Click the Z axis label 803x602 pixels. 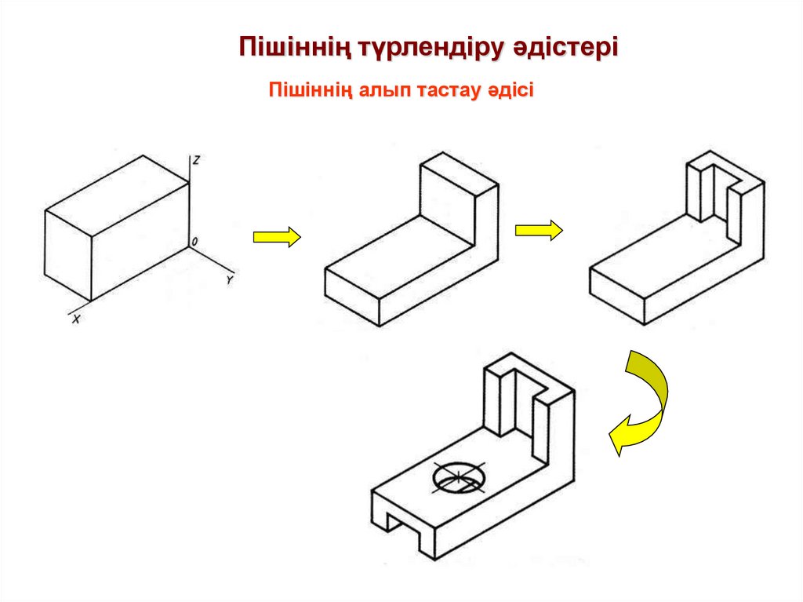pos(197,160)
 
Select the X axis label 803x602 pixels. pos(76,319)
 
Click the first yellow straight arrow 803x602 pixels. pos(277,236)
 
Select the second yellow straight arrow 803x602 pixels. pos(539,230)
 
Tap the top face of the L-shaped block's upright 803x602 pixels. pos(460,171)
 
